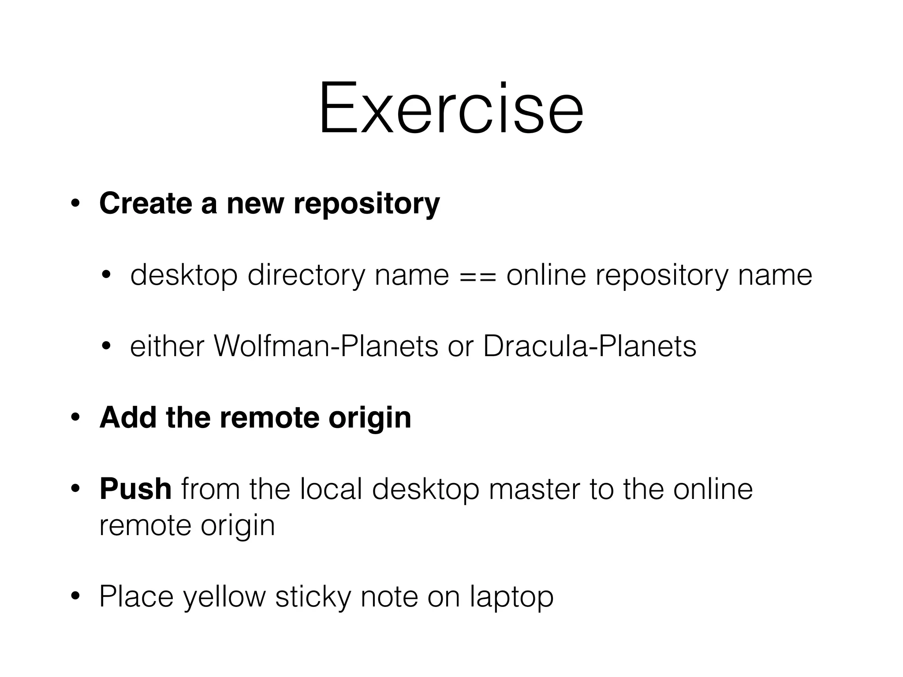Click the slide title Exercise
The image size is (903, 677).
pos(451,108)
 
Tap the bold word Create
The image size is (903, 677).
pos(145,204)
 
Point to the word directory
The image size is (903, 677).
pos(306,276)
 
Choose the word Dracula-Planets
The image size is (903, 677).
pos(590,346)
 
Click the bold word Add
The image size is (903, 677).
pos(128,417)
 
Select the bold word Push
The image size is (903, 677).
pos(135,489)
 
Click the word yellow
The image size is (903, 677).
pos(224,597)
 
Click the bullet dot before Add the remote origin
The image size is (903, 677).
pos(75,418)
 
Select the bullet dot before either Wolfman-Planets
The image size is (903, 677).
pos(106,347)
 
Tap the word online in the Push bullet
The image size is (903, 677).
pos(713,489)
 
